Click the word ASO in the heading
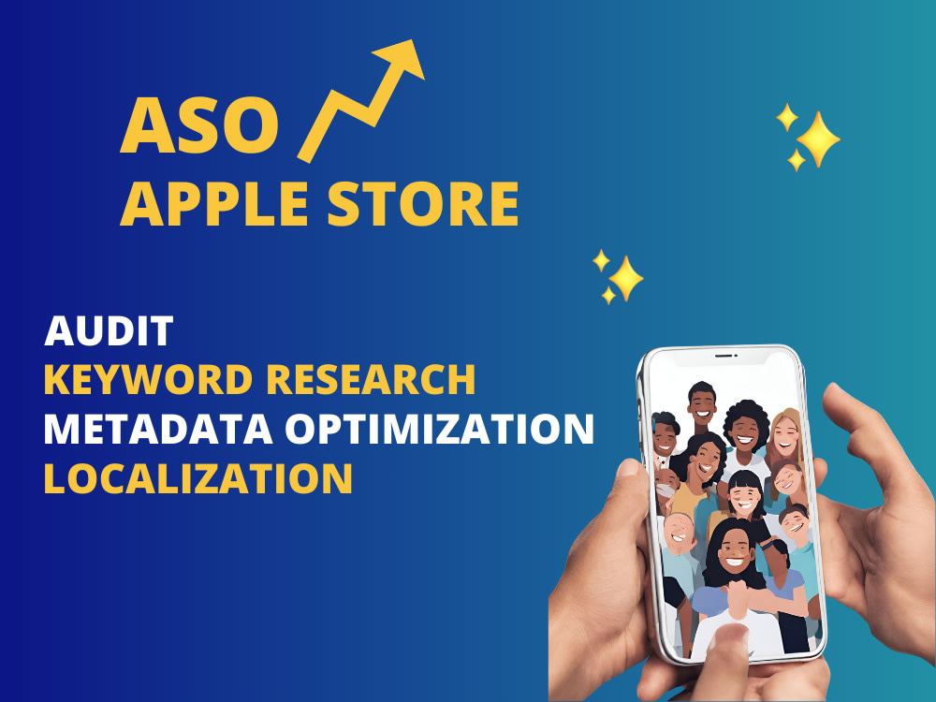(x=199, y=125)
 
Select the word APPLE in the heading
(x=213, y=204)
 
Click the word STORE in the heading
(x=423, y=204)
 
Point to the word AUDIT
(x=109, y=330)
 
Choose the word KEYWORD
(x=148, y=379)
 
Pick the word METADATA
(x=158, y=429)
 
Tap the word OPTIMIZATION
(x=439, y=429)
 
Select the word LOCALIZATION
(x=198, y=478)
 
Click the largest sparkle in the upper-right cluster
(x=818, y=139)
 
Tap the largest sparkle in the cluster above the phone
(x=625, y=279)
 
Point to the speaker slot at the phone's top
(x=726, y=356)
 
